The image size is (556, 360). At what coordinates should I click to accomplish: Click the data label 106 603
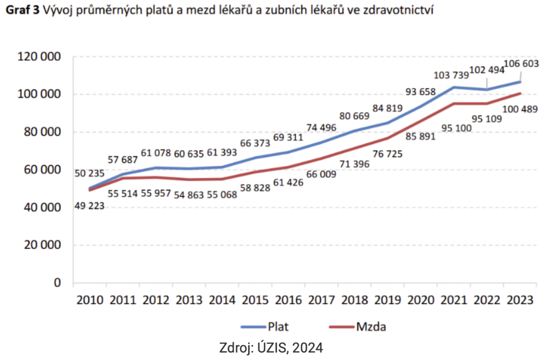coord(521,64)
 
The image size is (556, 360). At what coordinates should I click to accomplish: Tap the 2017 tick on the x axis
coord(321,300)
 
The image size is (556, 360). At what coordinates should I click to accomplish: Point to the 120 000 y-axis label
coord(39,57)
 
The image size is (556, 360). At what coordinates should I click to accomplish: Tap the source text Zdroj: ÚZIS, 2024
coord(271,348)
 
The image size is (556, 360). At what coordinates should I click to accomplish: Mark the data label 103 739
coord(451,75)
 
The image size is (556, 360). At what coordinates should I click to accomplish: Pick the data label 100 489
coord(520,109)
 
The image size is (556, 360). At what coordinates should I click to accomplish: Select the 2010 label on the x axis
coord(89,300)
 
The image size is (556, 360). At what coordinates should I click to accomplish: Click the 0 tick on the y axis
coord(57,283)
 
